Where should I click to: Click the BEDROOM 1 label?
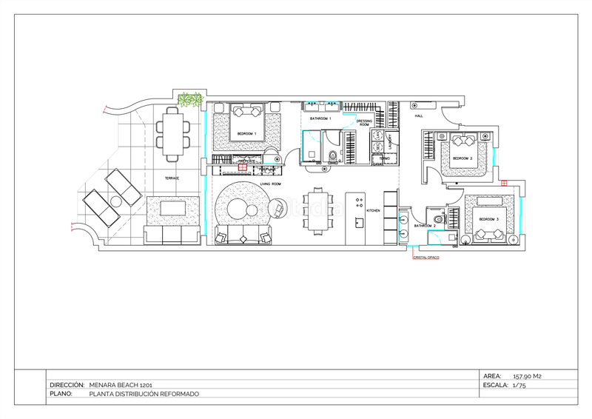245,134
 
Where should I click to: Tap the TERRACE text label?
172,178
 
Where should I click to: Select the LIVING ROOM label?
270,184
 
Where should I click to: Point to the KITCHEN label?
374,211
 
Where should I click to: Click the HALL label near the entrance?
418,116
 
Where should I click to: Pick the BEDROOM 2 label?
462,158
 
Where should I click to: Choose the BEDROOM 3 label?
488,220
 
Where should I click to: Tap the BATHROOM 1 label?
320,118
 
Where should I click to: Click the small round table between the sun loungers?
116,201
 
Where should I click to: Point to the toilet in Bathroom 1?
332,155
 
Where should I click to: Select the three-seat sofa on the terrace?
172,235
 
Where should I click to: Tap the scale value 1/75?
518,386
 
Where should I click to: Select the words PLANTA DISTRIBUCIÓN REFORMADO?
144,395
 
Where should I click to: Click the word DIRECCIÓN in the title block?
67,386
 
